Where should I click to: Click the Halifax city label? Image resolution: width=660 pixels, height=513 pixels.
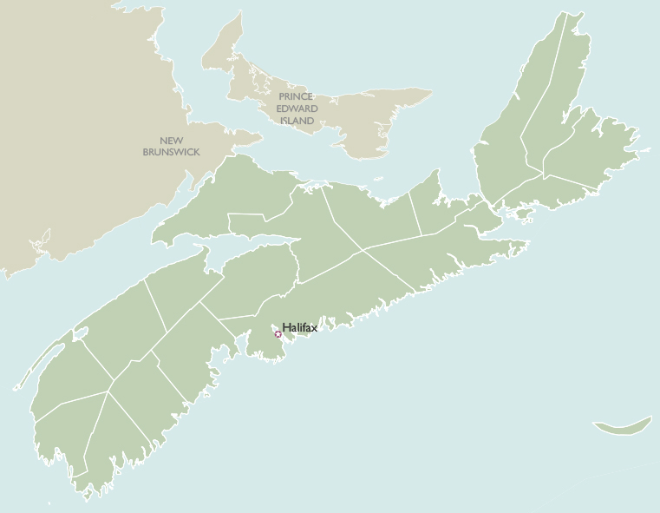point(300,327)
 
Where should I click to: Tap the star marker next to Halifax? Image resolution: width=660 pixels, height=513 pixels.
point(278,334)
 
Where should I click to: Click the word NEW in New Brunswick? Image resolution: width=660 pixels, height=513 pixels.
point(171,141)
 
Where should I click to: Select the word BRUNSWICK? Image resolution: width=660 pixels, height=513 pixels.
point(171,152)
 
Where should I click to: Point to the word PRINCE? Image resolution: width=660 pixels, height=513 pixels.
point(296,97)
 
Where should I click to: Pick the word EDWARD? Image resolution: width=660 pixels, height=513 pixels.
point(297,109)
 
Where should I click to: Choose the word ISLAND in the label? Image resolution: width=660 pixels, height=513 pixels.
point(297,120)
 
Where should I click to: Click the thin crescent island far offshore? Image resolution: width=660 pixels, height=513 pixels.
point(623,426)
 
